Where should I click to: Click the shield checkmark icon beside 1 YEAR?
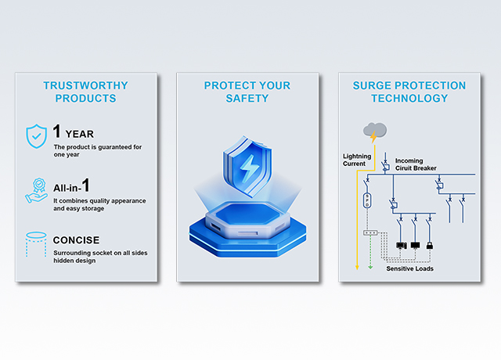37,136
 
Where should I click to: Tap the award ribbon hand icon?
36,191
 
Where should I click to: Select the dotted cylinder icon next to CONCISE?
36,244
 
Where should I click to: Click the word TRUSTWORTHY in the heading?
85,85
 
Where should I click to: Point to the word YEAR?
80,134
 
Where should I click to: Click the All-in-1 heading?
71,186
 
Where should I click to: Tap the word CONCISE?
77,240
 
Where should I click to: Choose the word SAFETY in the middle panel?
247,99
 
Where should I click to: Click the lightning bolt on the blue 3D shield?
247,169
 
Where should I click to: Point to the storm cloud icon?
375,132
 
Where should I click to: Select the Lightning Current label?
357,160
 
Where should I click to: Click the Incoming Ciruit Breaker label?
416,164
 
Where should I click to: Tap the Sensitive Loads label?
410,268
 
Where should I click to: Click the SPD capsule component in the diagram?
367,200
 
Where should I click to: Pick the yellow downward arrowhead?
357,268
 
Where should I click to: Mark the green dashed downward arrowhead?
370,267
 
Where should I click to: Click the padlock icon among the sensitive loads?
430,245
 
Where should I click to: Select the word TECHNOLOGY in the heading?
409,99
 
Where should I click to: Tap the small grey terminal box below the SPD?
370,233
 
